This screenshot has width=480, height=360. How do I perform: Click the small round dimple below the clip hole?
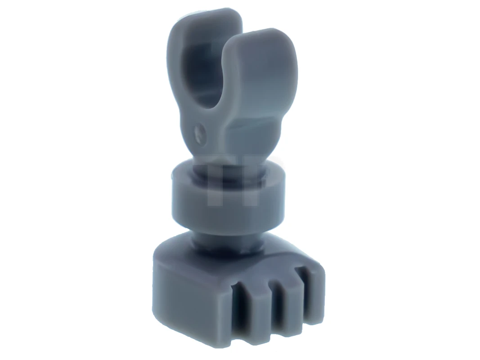(x=199, y=131)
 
